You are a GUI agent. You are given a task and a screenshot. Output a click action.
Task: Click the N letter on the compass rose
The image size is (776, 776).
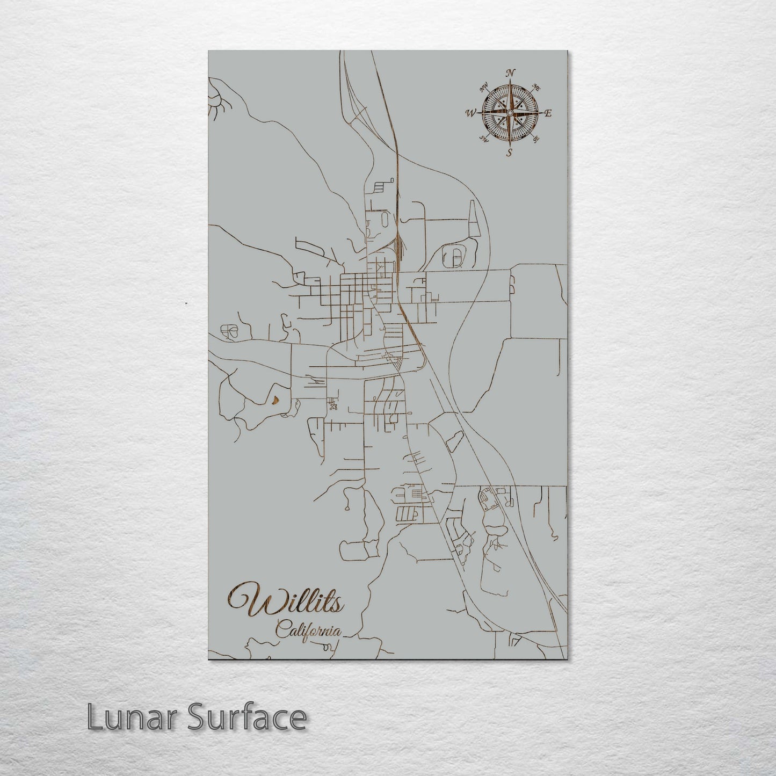pyautogui.click(x=511, y=74)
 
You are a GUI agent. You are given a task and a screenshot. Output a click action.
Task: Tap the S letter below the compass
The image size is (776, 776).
pyautogui.click(x=509, y=152)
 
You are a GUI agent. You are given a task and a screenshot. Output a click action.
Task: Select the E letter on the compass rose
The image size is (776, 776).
pyautogui.click(x=548, y=113)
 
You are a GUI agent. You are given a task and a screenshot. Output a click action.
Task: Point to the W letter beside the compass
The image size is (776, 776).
pyautogui.click(x=471, y=113)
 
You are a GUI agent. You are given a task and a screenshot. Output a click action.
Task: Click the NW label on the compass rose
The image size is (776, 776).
pyautogui.click(x=483, y=85)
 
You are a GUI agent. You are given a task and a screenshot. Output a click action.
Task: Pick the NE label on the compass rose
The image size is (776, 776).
pyautogui.click(x=536, y=86)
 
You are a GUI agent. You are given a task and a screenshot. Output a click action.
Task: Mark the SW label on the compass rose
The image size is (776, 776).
pyautogui.click(x=483, y=140)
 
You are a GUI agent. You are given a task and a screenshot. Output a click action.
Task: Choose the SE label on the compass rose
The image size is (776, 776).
pyautogui.click(x=535, y=139)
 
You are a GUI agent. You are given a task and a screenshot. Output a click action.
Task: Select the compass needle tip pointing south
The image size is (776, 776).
pyautogui.click(x=510, y=144)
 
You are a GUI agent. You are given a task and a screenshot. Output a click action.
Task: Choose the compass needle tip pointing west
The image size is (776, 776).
pyautogui.click(x=478, y=113)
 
